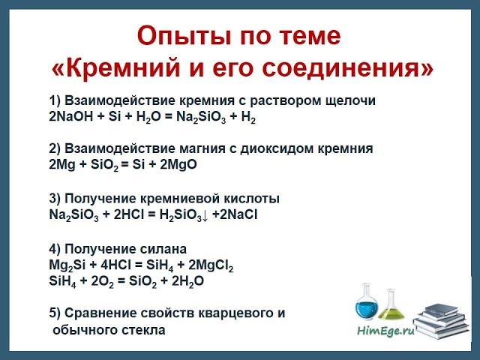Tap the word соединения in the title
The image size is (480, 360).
[x=358, y=69]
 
